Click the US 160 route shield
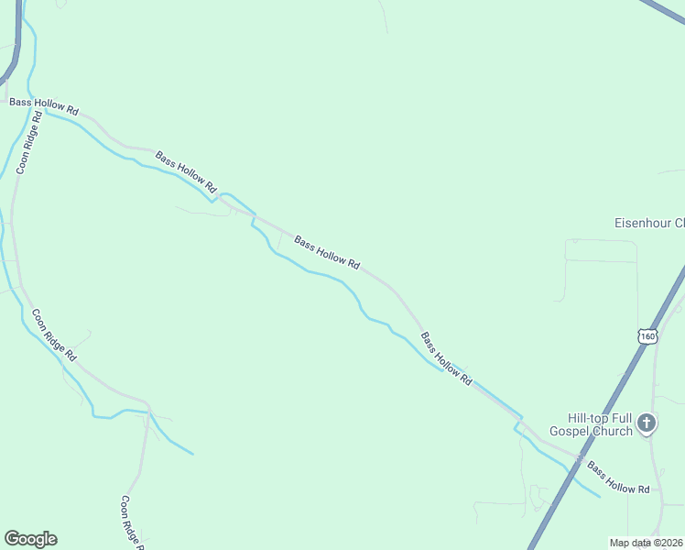[x=647, y=335]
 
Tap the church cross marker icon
[x=647, y=423]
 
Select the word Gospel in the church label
[x=571, y=431]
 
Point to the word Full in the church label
[x=621, y=416]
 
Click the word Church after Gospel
[x=613, y=431]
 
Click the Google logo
[x=30, y=539]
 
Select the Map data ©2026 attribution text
[x=646, y=543]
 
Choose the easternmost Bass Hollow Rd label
[x=618, y=478]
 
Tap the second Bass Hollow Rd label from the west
[x=186, y=171]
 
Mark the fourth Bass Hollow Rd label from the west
[x=446, y=358]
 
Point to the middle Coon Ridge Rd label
[x=54, y=334]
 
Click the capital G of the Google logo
[x=12, y=539]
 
